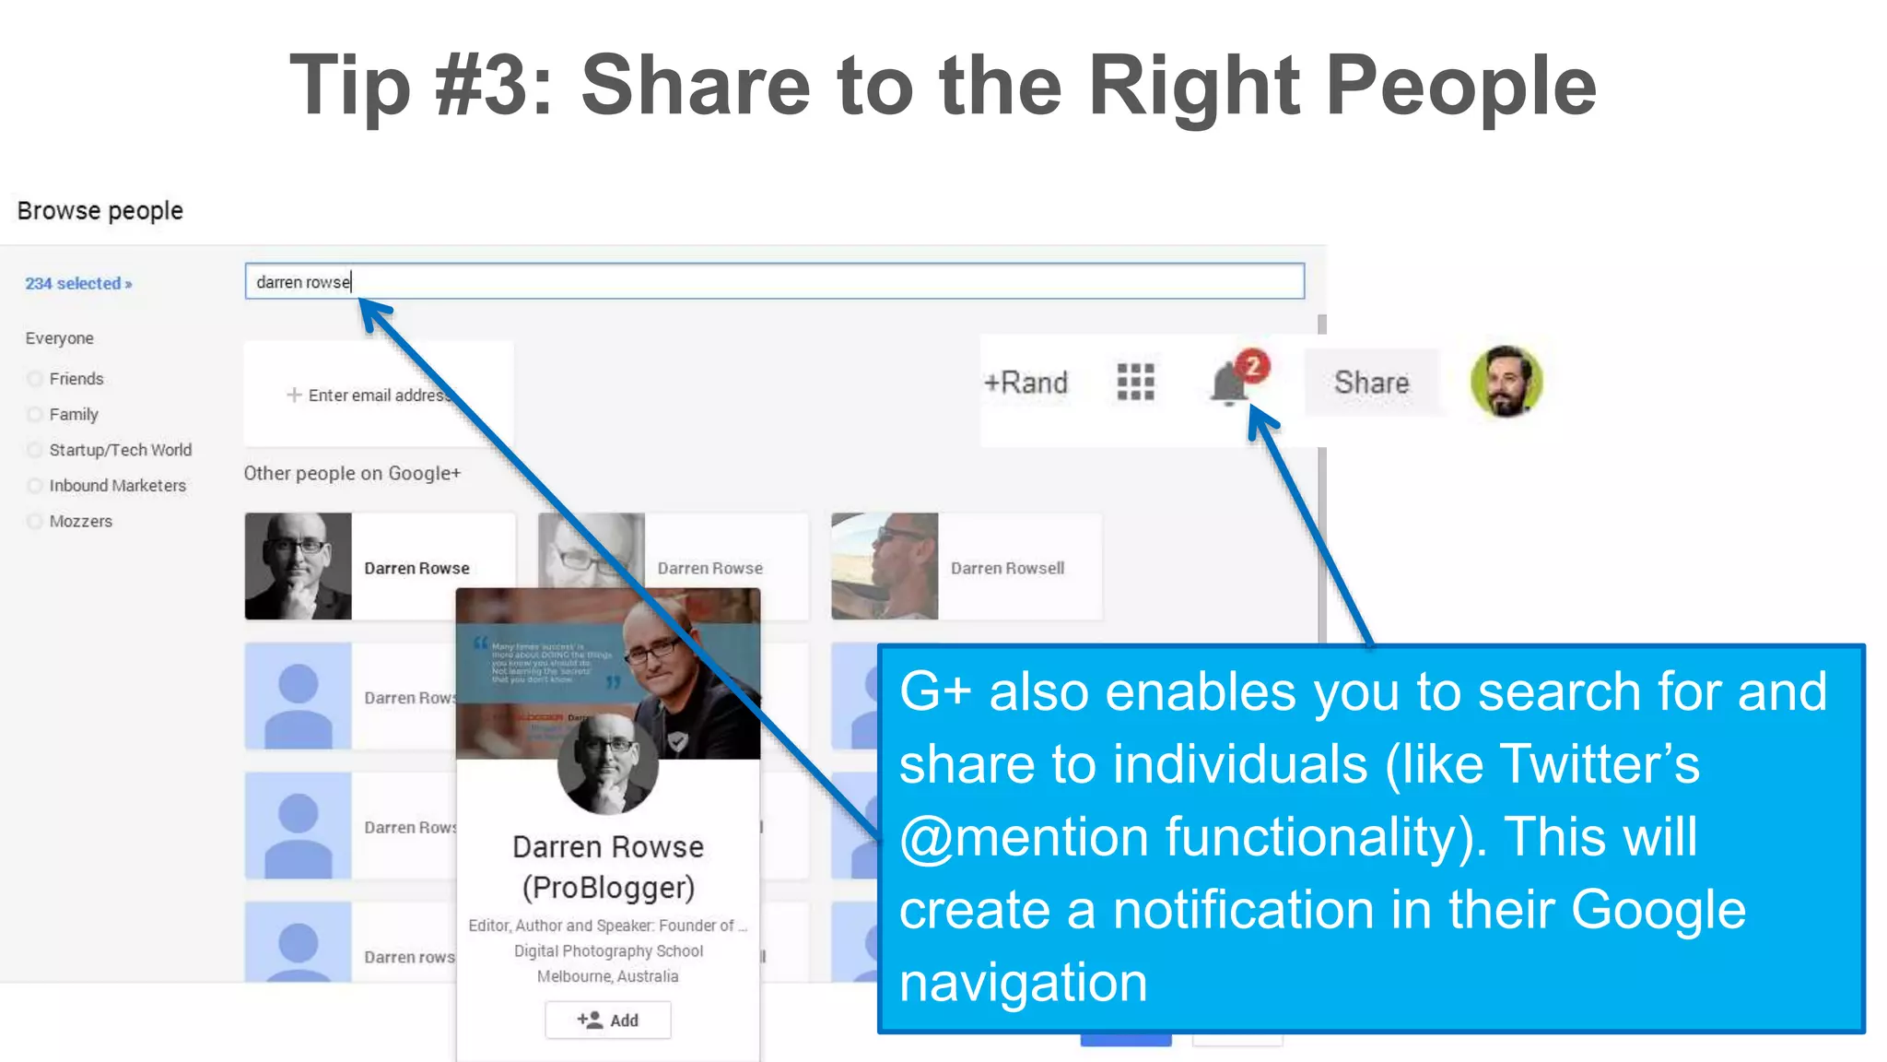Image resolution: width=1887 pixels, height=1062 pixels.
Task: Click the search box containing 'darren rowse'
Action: (x=774, y=281)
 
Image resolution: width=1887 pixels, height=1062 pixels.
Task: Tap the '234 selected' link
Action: (x=78, y=284)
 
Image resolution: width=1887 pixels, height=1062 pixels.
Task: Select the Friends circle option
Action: (x=35, y=379)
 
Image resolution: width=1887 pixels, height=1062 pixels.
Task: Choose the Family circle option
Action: (x=35, y=415)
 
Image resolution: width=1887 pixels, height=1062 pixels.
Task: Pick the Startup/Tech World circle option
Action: (x=35, y=450)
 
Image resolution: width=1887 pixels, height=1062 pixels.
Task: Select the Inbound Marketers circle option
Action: (x=35, y=486)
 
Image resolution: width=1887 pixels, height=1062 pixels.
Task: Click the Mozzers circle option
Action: (x=35, y=522)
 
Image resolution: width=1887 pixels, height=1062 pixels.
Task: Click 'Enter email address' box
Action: (x=378, y=395)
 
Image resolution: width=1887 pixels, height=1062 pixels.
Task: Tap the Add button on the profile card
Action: (x=608, y=1020)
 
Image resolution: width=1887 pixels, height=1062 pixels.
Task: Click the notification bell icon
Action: (x=1228, y=384)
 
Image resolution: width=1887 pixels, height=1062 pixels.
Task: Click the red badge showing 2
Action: (x=1252, y=366)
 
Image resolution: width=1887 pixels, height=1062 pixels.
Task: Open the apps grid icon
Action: (x=1135, y=382)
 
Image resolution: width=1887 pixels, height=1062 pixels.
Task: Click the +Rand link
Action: (x=1026, y=383)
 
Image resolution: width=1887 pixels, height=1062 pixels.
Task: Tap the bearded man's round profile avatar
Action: (x=1506, y=382)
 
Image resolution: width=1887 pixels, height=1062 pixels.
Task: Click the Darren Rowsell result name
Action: (x=1007, y=569)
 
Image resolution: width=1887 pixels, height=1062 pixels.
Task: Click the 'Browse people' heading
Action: (x=100, y=211)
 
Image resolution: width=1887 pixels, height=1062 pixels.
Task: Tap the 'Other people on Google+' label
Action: (x=352, y=474)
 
